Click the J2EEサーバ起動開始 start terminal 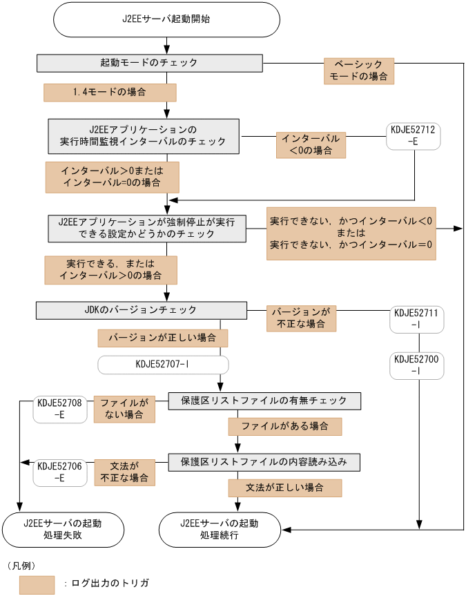(x=166, y=19)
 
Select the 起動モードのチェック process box (x=149, y=63)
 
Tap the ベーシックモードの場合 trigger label (x=359, y=70)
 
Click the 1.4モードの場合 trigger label (x=110, y=93)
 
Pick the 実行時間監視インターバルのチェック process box (x=144, y=135)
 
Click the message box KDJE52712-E (x=414, y=136)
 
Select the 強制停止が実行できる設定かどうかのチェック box (x=147, y=229)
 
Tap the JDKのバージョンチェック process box (x=142, y=311)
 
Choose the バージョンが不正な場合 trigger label (x=301, y=318)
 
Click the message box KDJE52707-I (x=163, y=364)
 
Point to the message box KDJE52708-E (x=59, y=409)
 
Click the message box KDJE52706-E (x=59, y=472)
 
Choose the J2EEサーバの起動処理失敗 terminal (x=62, y=530)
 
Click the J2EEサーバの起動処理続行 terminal (x=220, y=530)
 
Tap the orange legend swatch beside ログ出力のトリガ (x=37, y=584)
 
